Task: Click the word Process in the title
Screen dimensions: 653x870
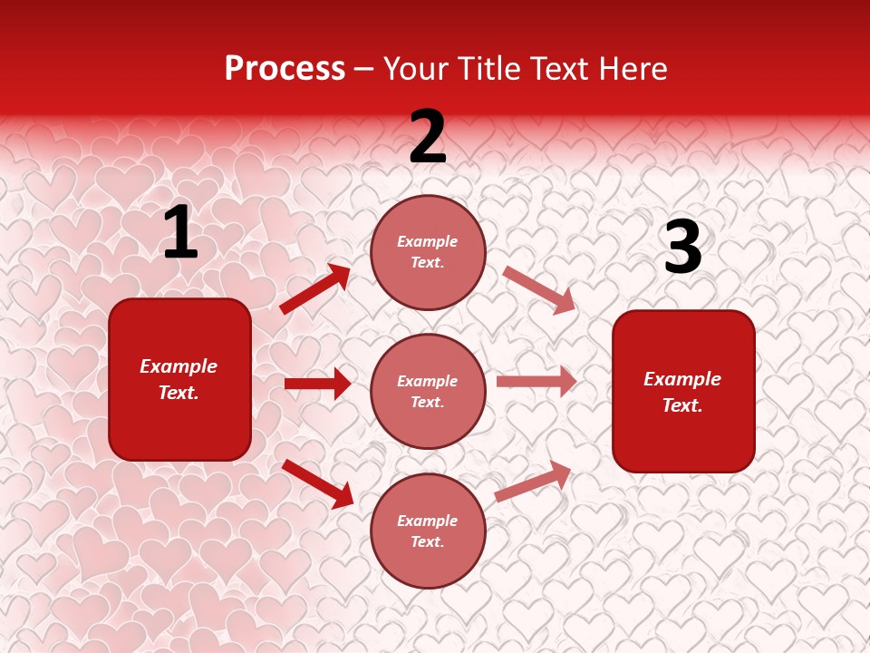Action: pos(285,69)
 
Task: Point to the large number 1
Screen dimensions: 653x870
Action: pos(180,233)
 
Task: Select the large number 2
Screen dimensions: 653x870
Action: pos(428,138)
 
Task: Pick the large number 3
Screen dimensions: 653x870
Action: pos(682,248)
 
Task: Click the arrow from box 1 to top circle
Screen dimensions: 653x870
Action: pos(315,288)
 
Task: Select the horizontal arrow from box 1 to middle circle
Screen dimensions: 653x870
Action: pos(317,384)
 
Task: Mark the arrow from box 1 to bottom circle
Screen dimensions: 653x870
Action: pos(317,482)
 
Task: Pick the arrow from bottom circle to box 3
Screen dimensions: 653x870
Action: pos(533,481)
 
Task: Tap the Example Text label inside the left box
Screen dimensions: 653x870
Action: pos(179,379)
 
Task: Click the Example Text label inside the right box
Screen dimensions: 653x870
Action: pos(682,392)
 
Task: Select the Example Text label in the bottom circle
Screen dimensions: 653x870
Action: pos(428,531)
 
